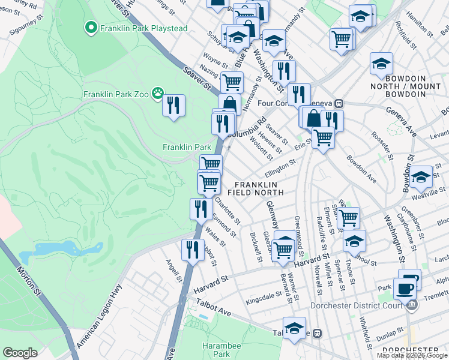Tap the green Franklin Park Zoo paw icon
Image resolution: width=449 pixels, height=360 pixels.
(x=158, y=93)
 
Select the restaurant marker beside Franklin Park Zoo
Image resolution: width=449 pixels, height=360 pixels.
(x=173, y=106)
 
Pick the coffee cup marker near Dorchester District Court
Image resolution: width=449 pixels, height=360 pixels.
(x=405, y=289)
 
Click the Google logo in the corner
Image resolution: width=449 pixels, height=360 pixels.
(x=20, y=353)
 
